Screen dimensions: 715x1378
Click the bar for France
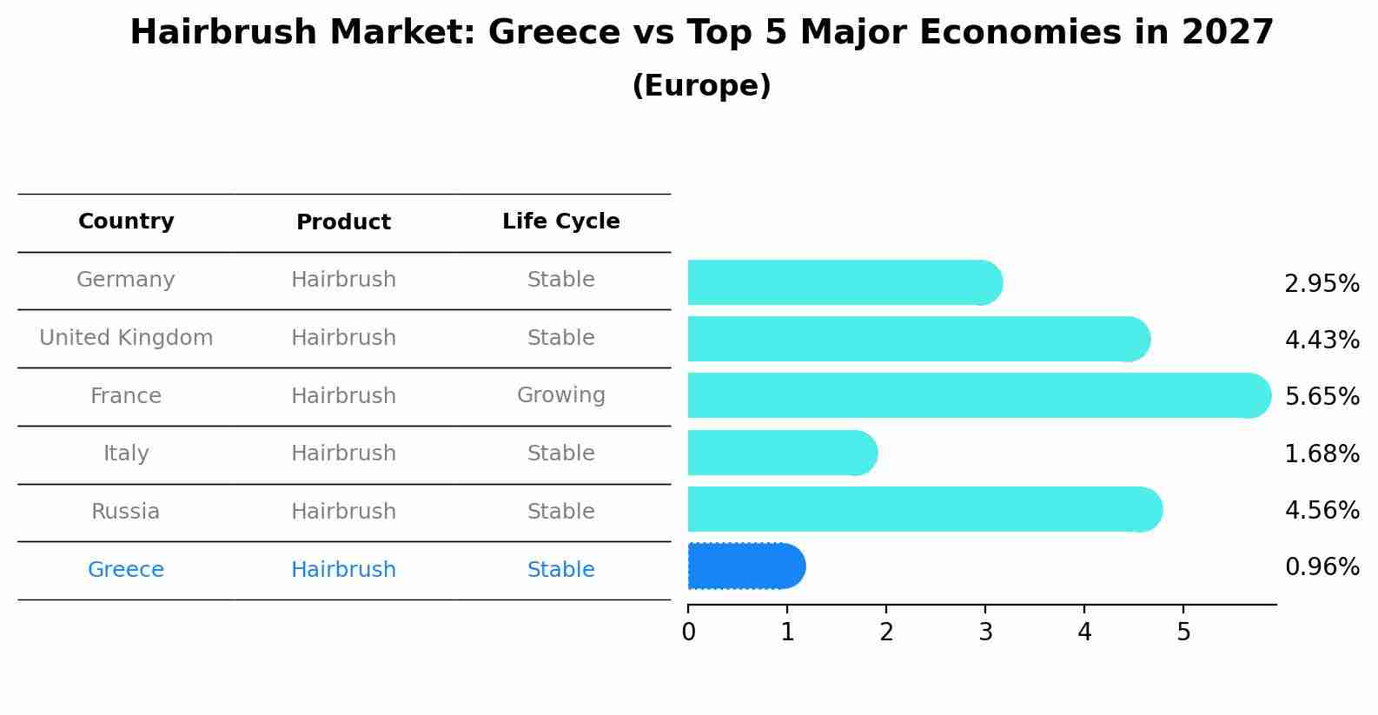978,395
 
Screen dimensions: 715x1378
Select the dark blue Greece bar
745,566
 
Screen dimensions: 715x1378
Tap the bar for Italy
782,453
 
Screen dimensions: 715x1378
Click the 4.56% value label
1322,510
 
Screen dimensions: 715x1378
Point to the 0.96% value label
1322,567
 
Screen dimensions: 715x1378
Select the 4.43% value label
1322,340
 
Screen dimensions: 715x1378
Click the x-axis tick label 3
985,632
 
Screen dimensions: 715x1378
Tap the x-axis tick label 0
688,632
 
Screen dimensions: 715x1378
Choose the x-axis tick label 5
1183,632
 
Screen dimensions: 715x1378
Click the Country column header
126,222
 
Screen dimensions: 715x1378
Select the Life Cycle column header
560,222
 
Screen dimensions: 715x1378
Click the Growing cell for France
560,395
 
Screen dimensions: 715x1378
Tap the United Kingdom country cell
126,338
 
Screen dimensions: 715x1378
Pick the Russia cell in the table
126,512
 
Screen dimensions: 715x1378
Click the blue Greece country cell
126,570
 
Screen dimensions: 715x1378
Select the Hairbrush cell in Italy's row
343,453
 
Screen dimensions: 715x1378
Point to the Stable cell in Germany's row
560,280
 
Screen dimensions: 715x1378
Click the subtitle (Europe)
701,86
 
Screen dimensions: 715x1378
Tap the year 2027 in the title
1227,33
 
